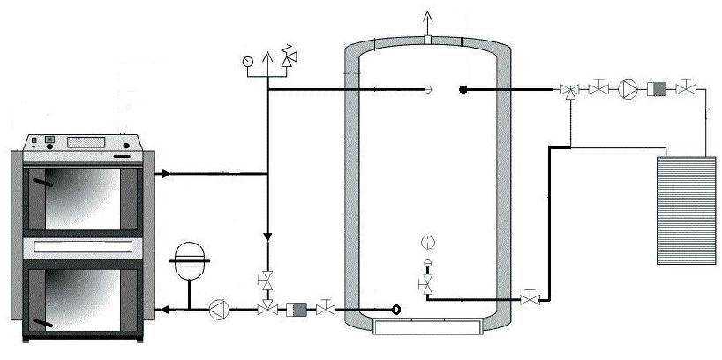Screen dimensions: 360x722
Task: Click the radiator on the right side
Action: (x=688, y=209)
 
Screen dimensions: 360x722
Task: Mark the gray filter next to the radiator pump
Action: (x=658, y=88)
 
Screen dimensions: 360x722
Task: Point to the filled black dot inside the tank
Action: (x=463, y=88)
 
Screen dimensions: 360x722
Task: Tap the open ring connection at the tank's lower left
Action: (x=396, y=309)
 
